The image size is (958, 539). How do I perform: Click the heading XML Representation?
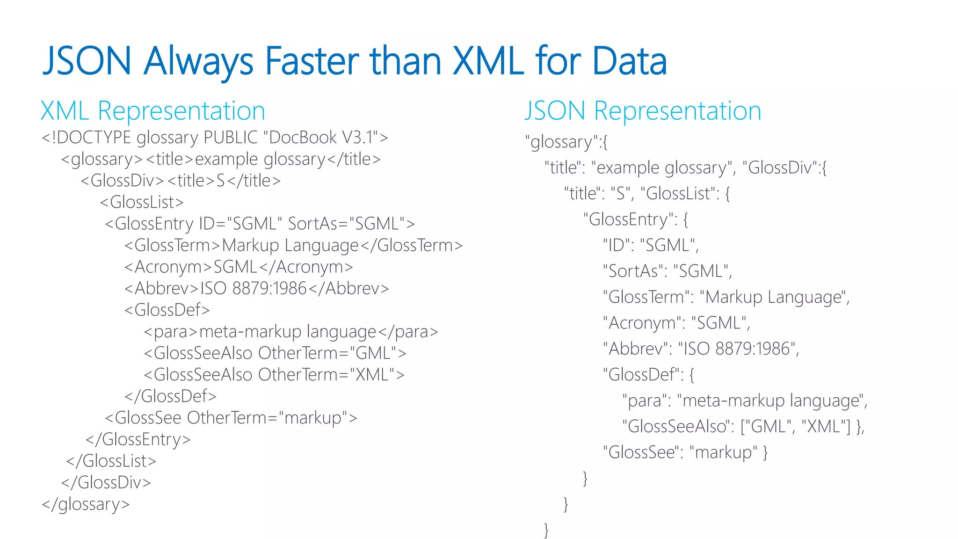(x=152, y=111)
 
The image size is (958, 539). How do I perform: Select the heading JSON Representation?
(x=642, y=111)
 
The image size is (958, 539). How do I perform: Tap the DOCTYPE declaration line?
(x=215, y=138)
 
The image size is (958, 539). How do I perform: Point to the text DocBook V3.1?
(x=320, y=138)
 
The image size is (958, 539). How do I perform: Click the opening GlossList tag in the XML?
(x=142, y=202)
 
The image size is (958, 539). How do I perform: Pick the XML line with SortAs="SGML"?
(x=260, y=224)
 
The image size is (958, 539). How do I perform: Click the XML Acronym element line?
(x=239, y=267)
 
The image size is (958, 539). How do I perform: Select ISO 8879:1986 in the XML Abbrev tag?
(x=253, y=288)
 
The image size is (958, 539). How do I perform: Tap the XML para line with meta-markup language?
(x=290, y=332)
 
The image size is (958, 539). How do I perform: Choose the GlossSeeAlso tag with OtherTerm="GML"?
(x=275, y=353)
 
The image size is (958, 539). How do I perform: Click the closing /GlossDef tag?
(x=170, y=396)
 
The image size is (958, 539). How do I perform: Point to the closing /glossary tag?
(x=86, y=504)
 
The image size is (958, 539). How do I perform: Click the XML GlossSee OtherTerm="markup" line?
(x=231, y=418)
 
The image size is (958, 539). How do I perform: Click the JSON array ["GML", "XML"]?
(x=796, y=427)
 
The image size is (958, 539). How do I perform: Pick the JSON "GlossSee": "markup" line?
(x=685, y=452)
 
